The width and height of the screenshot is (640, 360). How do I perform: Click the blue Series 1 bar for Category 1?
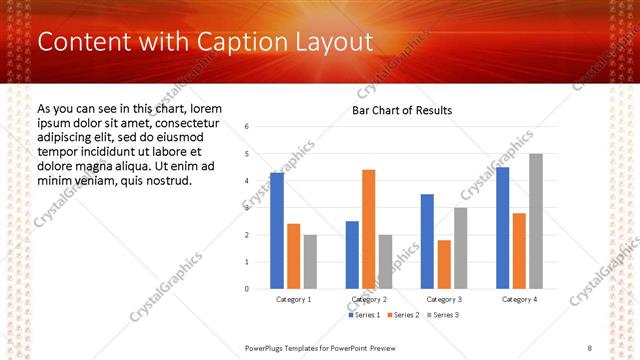(277, 230)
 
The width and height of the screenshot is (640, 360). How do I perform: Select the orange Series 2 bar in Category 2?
(368, 229)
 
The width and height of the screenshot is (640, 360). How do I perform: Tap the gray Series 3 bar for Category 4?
(536, 221)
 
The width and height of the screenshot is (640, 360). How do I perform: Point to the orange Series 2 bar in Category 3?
(444, 264)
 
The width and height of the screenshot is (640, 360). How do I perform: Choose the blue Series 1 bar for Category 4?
(502, 227)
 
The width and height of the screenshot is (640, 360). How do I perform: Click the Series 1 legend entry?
(365, 315)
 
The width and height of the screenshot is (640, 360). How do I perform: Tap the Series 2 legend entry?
(403, 315)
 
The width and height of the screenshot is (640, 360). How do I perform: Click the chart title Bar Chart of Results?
(401, 110)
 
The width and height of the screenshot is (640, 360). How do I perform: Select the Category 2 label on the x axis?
(369, 299)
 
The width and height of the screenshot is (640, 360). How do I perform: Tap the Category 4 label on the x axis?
(519, 299)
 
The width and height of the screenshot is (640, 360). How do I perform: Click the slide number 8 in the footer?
(590, 347)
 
